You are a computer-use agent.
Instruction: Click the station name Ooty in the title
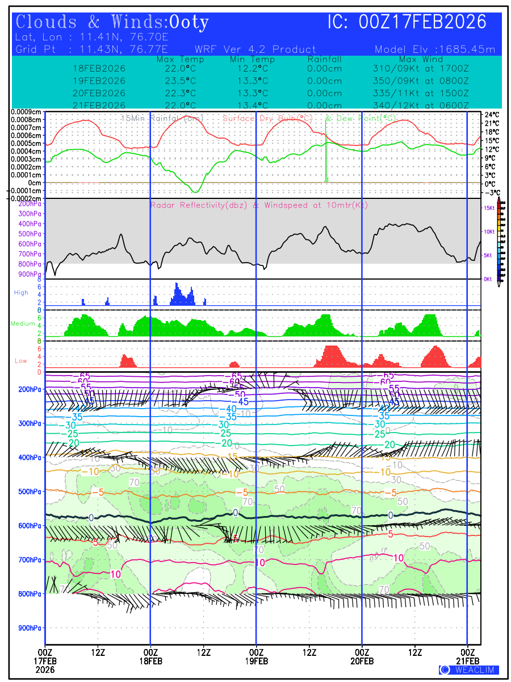(x=190, y=23)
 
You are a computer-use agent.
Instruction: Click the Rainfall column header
(x=324, y=59)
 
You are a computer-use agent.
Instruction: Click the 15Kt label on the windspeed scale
(x=488, y=209)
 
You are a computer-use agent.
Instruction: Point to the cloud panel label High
(x=21, y=293)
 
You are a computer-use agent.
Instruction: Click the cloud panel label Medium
(x=23, y=324)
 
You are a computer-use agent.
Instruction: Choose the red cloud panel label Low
(x=21, y=360)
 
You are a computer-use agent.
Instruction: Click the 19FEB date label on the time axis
(x=256, y=661)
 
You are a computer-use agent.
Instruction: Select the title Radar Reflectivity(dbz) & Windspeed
(x=258, y=205)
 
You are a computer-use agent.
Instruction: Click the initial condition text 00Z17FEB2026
(x=422, y=23)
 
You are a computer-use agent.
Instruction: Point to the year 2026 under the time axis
(x=45, y=670)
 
